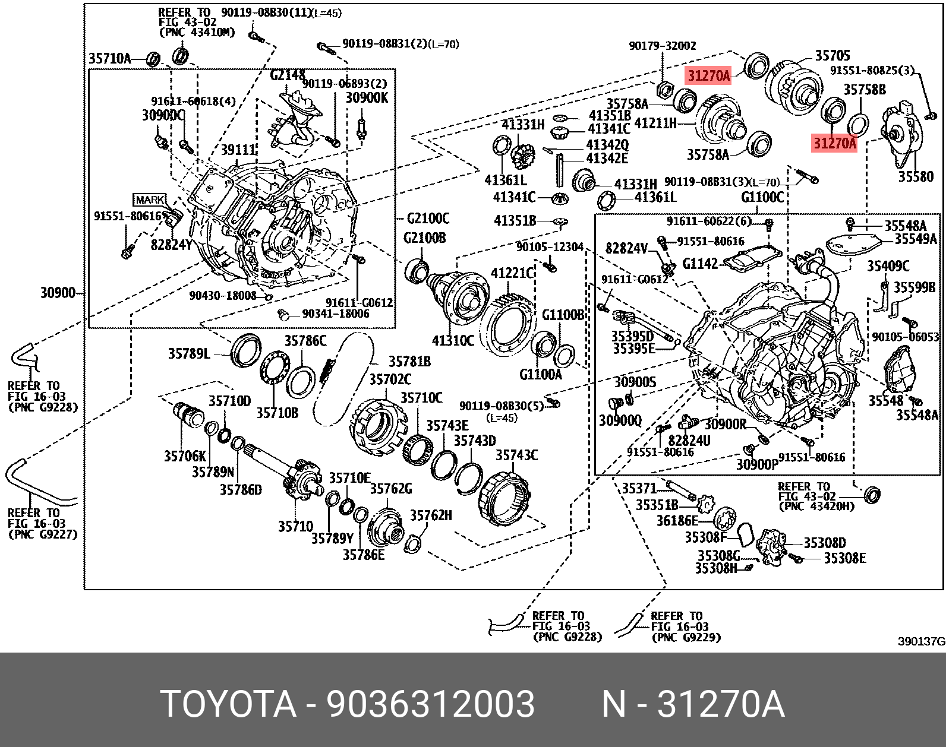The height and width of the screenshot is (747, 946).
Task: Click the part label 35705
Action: [x=832, y=56]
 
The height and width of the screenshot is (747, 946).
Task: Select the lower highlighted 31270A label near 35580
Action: [x=834, y=143]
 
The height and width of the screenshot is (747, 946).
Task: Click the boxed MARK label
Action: [x=149, y=200]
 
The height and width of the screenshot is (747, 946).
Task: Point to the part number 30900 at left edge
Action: [x=58, y=293]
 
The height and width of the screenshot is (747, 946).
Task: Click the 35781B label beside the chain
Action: [x=409, y=362]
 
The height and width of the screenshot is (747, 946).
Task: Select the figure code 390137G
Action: [x=920, y=642]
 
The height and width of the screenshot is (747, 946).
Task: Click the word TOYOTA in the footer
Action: [x=228, y=704]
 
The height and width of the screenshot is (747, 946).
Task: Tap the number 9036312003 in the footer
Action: [x=430, y=704]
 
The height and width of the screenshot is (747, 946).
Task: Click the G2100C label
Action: [x=428, y=219]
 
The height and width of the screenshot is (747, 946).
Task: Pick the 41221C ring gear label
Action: [x=512, y=273]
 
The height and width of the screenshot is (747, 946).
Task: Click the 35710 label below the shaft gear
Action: [x=295, y=526]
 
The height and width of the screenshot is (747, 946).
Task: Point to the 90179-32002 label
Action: [x=662, y=46]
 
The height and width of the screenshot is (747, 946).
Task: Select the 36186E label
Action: [x=676, y=521]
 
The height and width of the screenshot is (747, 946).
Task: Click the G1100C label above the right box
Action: [x=762, y=197]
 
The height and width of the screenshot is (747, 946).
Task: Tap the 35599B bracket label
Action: [x=915, y=287]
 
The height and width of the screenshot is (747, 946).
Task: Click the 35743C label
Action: [x=516, y=455]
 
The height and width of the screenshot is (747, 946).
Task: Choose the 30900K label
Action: [x=367, y=98]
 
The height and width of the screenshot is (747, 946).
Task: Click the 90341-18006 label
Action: [x=335, y=314]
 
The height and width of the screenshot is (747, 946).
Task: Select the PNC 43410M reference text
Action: [x=197, y=33]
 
